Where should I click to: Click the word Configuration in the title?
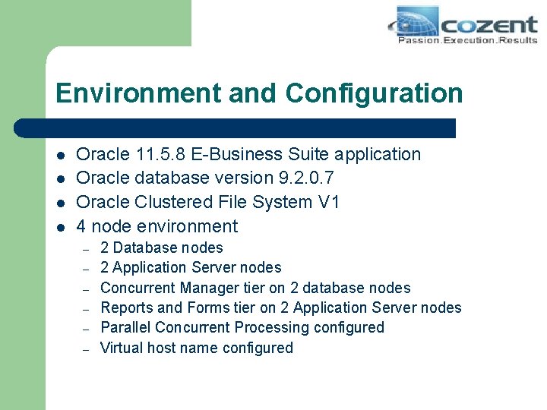point(374,93)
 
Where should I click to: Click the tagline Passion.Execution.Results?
point(467,40)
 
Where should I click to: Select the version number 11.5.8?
point(157,154)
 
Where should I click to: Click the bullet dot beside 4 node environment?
point(60,227)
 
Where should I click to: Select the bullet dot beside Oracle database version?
point(60,179)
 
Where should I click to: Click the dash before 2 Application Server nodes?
point(87,269)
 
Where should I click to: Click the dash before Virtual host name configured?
point(87,349)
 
